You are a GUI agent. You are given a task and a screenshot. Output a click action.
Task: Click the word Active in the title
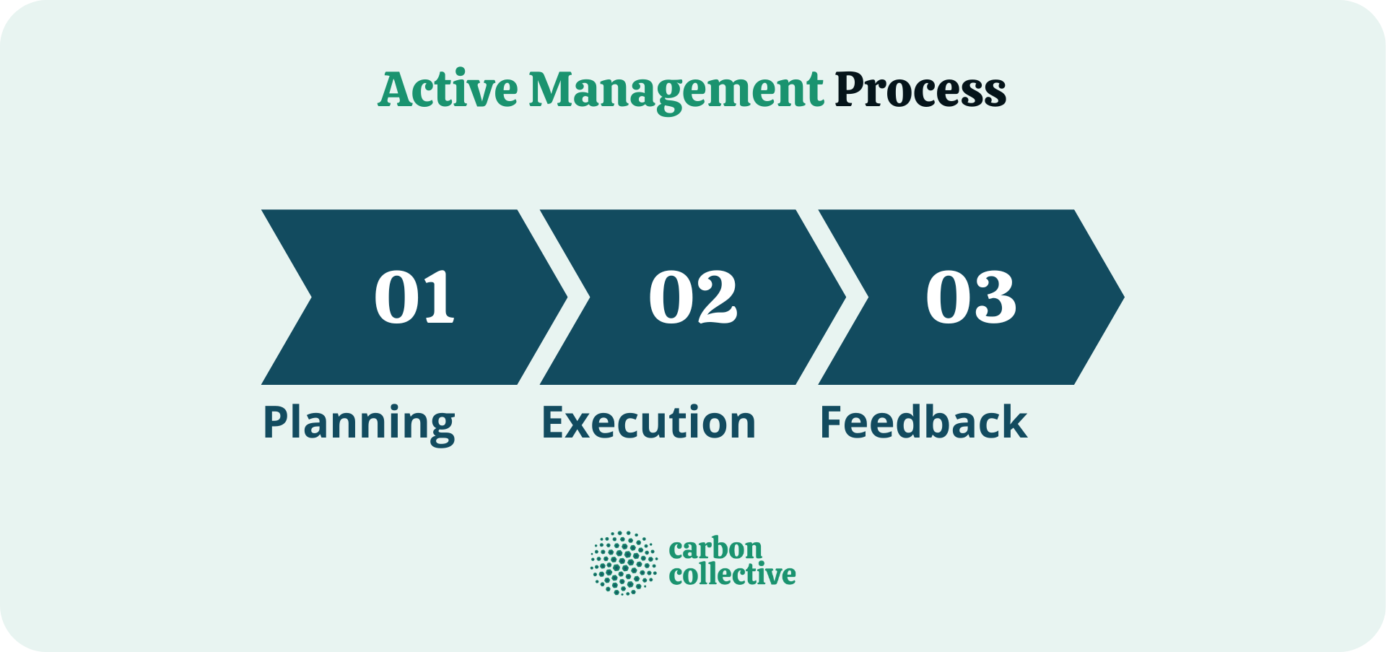[448, 90]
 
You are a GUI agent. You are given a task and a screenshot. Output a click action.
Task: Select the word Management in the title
[676, 90]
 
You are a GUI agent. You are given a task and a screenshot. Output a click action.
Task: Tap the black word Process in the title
[920, 90]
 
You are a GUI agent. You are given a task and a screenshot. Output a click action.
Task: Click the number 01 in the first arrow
[414, 297]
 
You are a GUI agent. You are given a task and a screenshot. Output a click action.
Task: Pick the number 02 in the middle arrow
[693, 297]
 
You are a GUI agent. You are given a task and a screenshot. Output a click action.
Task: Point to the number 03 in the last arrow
[971, 297]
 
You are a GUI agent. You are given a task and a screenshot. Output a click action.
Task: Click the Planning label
[359, 423]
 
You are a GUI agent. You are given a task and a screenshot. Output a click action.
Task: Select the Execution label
[648, 422]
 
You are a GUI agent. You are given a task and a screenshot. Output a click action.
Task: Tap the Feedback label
[923, 422]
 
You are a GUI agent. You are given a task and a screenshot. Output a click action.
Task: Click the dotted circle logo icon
[624, 563]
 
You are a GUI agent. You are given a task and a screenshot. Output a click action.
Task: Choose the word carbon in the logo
[715, 549]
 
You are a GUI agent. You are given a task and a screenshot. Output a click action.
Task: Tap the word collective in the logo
[732, 575]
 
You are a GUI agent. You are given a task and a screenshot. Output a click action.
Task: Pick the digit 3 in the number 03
[995, 297]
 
